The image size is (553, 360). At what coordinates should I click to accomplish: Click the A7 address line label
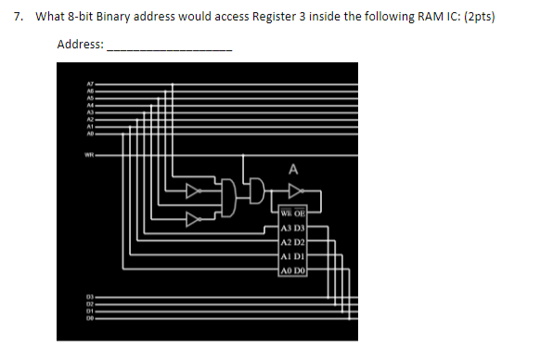(90, 84)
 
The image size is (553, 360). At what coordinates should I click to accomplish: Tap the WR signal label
(90, 154)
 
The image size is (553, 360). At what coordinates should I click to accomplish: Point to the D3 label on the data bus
(90, 296)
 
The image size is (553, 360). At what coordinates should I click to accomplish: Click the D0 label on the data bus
(90, 318)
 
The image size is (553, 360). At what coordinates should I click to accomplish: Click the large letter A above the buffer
(293, 170)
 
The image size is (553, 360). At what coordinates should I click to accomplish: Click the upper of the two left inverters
(192, 193)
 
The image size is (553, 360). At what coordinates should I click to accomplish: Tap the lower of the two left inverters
(192, 220)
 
